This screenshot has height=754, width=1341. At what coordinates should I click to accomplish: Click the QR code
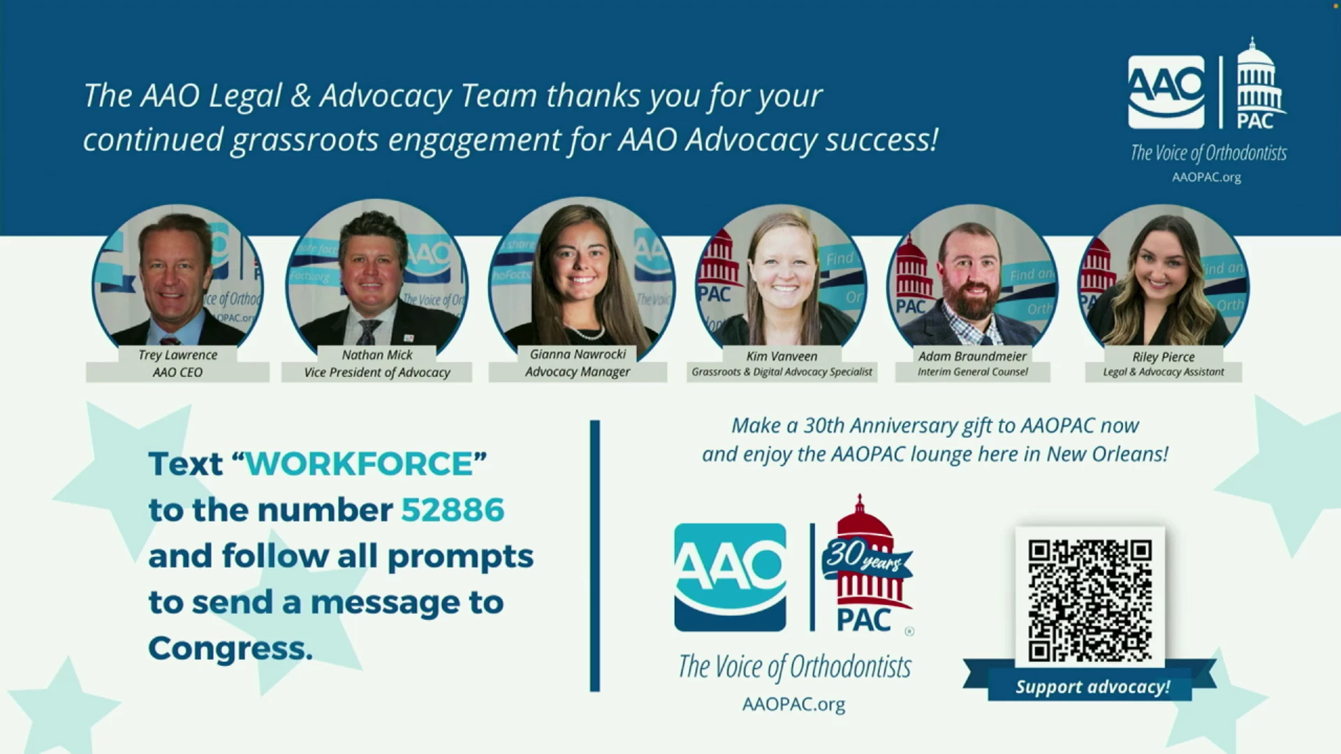[1090, 600]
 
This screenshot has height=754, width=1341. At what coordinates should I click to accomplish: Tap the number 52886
[453, 510]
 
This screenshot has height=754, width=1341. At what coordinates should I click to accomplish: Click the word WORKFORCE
[360, 464]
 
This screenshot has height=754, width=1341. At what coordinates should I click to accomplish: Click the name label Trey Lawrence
[178, 355]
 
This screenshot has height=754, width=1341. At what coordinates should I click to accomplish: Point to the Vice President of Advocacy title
[377, 372]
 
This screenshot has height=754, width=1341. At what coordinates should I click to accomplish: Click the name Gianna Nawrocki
[578, 354]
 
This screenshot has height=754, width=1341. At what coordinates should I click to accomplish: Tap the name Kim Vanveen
[782, 356]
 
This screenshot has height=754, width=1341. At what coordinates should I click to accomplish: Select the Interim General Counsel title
[973, 372]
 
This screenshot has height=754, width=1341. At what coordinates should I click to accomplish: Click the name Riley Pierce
[1164, 357]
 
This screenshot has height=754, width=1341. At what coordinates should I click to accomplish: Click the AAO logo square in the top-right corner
[1166, 92]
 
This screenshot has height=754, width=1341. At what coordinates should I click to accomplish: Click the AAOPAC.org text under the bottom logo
[793, 704]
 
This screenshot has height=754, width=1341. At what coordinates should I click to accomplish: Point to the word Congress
[230, 649]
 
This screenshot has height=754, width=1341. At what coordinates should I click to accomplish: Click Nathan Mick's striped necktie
[368, 331]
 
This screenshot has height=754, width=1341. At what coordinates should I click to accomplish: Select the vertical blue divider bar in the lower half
[595, 556]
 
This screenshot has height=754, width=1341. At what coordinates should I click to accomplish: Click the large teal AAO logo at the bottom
[730, 577]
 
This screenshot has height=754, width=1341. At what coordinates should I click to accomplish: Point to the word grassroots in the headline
[305, 140]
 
